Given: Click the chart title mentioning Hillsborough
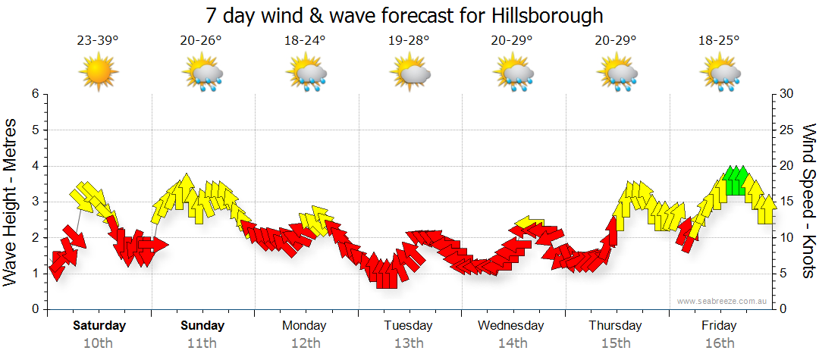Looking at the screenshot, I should (405, 15).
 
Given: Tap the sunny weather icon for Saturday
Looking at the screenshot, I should (99, 72).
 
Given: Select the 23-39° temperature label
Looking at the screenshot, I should (98, 40).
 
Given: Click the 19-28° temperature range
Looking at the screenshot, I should (408, 40).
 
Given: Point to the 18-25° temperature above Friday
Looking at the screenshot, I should (719, 40).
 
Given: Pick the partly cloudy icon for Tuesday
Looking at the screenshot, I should (409, 73).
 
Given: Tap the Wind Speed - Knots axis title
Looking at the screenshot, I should (808, 201).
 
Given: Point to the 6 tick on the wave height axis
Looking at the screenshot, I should (34, 94).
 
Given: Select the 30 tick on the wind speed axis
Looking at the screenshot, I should (787, 94).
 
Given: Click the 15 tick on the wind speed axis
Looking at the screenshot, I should (787, 202).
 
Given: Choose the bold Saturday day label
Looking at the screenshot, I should (99, 326).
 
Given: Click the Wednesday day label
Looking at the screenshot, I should (511, 326).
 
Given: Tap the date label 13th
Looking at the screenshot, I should (408, 343).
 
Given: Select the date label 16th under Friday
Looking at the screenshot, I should (719, 343).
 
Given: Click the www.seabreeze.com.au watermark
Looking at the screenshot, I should (723, 301).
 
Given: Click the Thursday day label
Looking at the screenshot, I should (615, 326).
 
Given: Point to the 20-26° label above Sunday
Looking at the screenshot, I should (202, 40).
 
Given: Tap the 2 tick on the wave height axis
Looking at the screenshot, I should (34, 237).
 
